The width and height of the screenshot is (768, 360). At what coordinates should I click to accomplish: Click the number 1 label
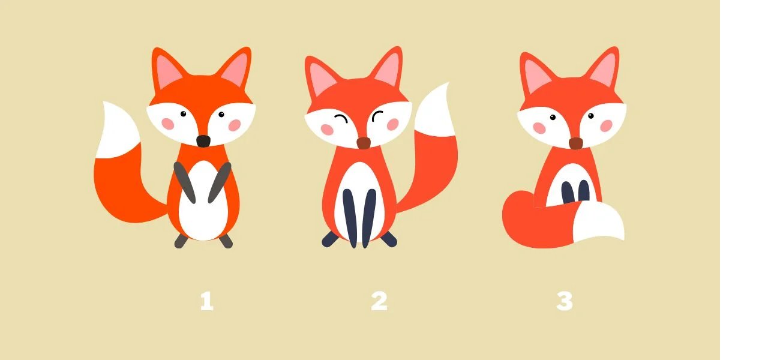(207, 301)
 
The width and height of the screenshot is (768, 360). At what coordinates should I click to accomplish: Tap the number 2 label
(379, 301)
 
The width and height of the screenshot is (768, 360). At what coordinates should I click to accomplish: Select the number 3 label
(565, 301)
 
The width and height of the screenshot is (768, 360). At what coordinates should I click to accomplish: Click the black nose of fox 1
(203, 141)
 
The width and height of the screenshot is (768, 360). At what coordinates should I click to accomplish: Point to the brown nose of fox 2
(364, 143)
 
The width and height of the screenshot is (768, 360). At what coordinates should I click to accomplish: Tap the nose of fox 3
(576, 143)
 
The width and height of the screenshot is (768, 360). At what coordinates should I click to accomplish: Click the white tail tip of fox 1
(117, 130)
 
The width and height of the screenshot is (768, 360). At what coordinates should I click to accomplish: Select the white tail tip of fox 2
(436, 110)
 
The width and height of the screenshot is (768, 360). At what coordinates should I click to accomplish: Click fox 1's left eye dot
(183, 114)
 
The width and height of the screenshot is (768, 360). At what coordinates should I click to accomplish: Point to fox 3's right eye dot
(591, 116)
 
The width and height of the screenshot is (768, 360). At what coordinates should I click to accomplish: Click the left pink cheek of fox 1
(167, 124)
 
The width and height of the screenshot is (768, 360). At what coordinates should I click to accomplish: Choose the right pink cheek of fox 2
(393, 124)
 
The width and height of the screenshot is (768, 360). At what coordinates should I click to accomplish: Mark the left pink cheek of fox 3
(539, 128)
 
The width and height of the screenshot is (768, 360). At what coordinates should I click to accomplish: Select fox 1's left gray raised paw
(184, 182)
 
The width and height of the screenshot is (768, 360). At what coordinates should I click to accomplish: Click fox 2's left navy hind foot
(330, 239)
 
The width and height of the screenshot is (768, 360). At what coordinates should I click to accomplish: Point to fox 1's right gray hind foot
(226, 241)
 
